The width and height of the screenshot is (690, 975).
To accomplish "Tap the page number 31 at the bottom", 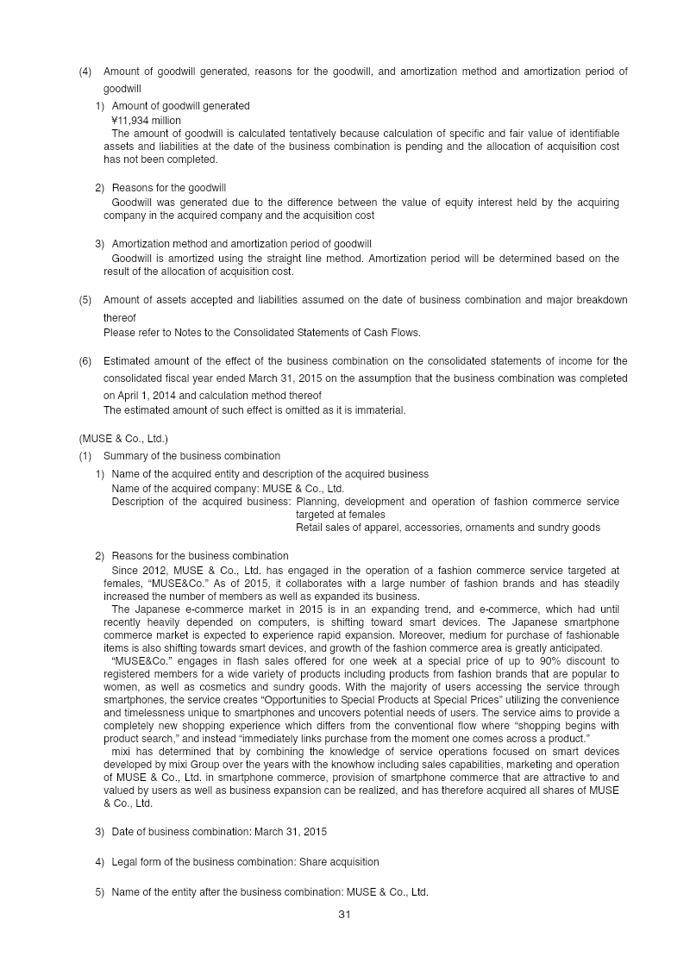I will point(344,915).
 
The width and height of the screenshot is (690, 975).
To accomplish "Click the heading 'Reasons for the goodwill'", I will point(169,188).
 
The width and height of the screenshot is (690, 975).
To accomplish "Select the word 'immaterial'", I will point(380,410).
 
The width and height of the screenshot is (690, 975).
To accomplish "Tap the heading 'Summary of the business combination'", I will point(191,456).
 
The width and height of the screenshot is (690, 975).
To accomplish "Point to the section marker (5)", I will point(85,300).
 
